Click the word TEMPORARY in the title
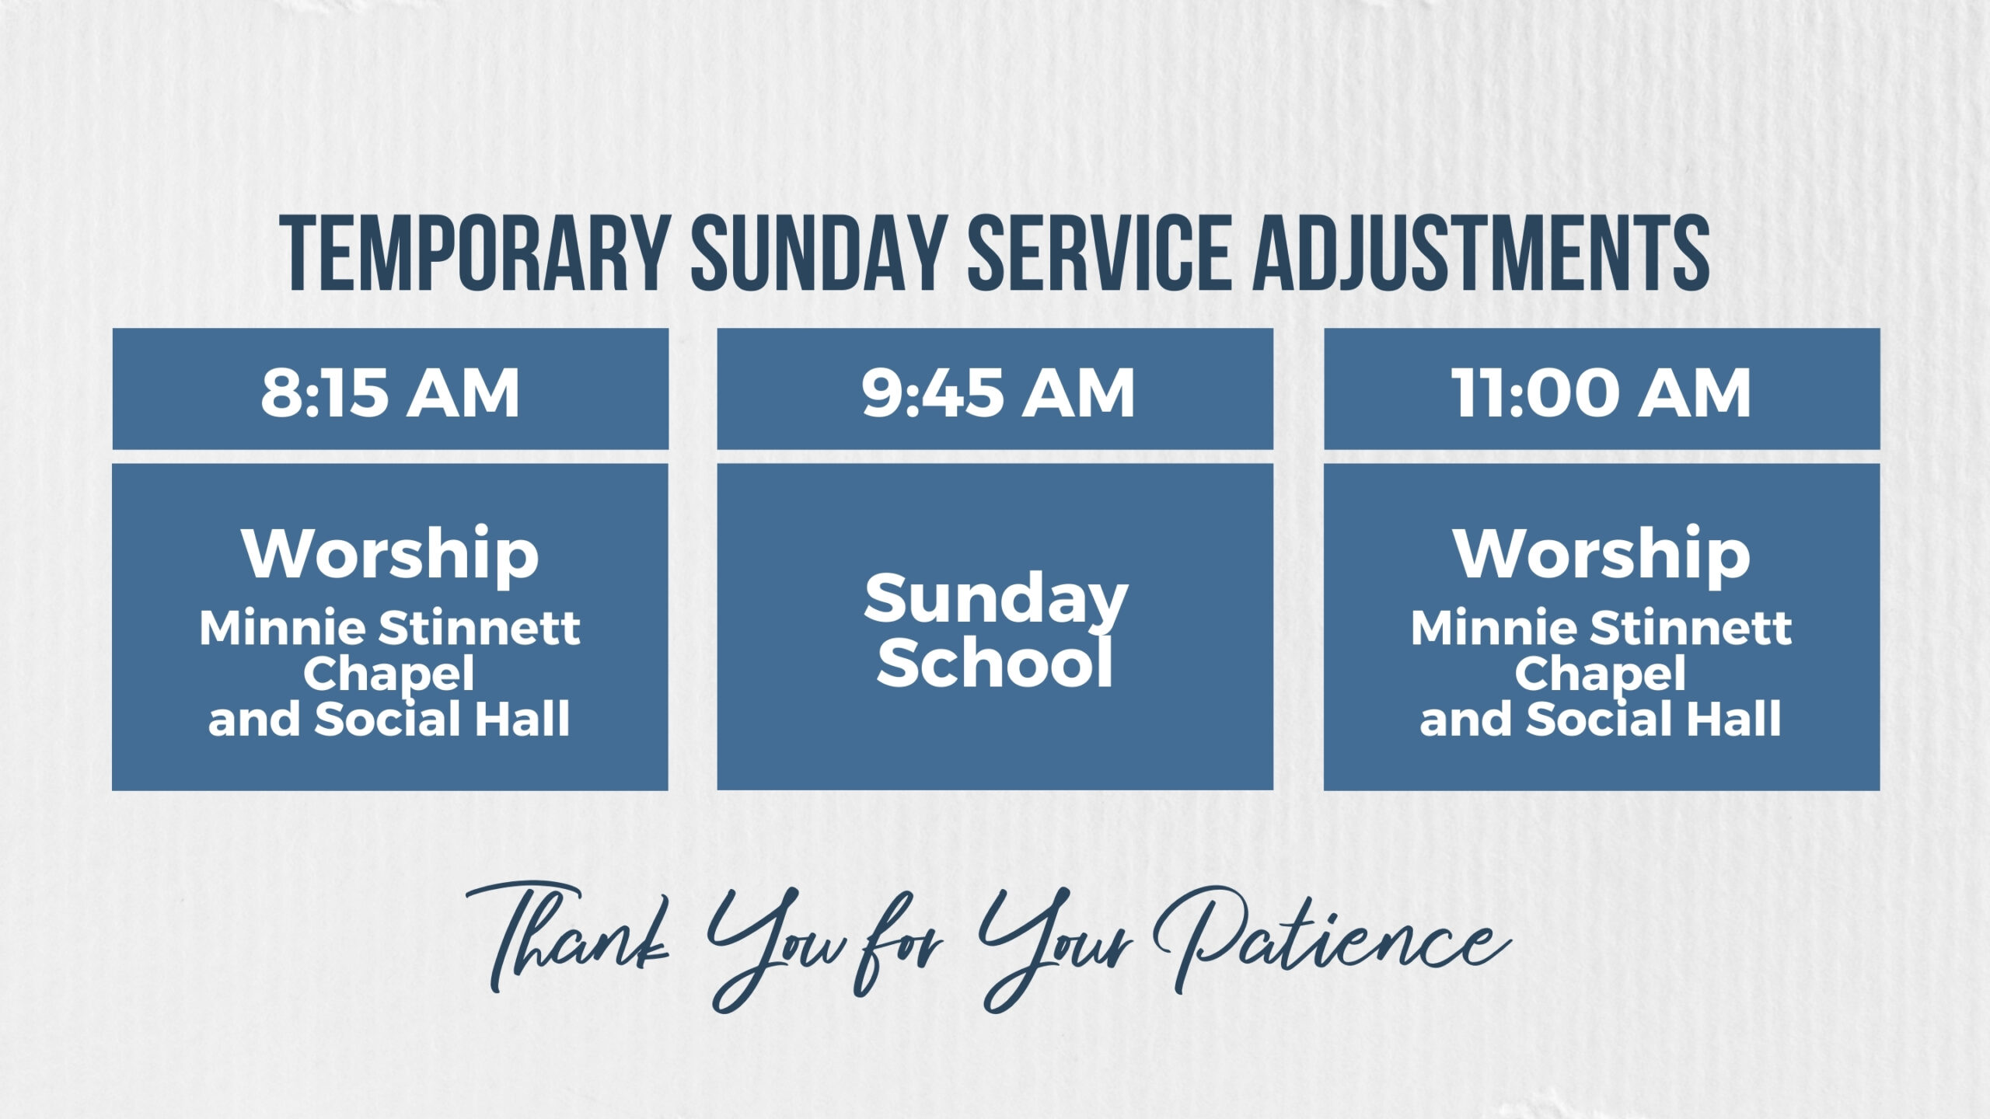tap(476, 253)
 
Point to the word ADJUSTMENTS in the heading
tap(1482, 253)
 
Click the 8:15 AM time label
tap(390, 392)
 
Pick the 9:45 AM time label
tap(998, 392)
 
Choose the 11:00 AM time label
tap(1601, 392)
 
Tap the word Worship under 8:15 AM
tap(390, 555)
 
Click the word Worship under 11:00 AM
tap(1602, 555)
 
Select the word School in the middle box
tap(995, 662)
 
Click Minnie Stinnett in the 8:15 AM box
tap(390, 627)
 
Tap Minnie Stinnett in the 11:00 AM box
tap(1602, 627)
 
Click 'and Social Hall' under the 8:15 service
tap(389, 719)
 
